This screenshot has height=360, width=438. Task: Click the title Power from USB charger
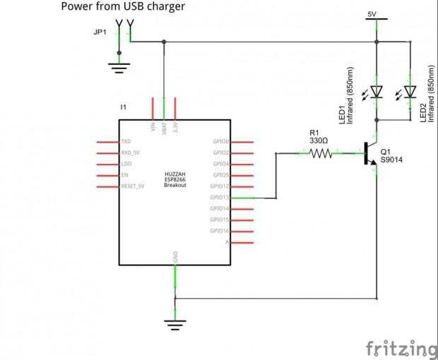click(123, 7)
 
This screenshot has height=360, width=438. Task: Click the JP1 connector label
click(101, 32)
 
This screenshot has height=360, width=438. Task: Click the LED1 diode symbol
click(377, 91)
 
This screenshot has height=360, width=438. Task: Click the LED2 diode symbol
click(410, 91)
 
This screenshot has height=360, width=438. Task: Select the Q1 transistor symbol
click(368, 154)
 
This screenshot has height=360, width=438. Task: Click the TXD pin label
click(126, 141)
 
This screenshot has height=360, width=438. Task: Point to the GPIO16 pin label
click(220, 231)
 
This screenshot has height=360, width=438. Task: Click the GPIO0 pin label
click(221, 141)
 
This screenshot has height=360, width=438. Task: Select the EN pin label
click(125, 175)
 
